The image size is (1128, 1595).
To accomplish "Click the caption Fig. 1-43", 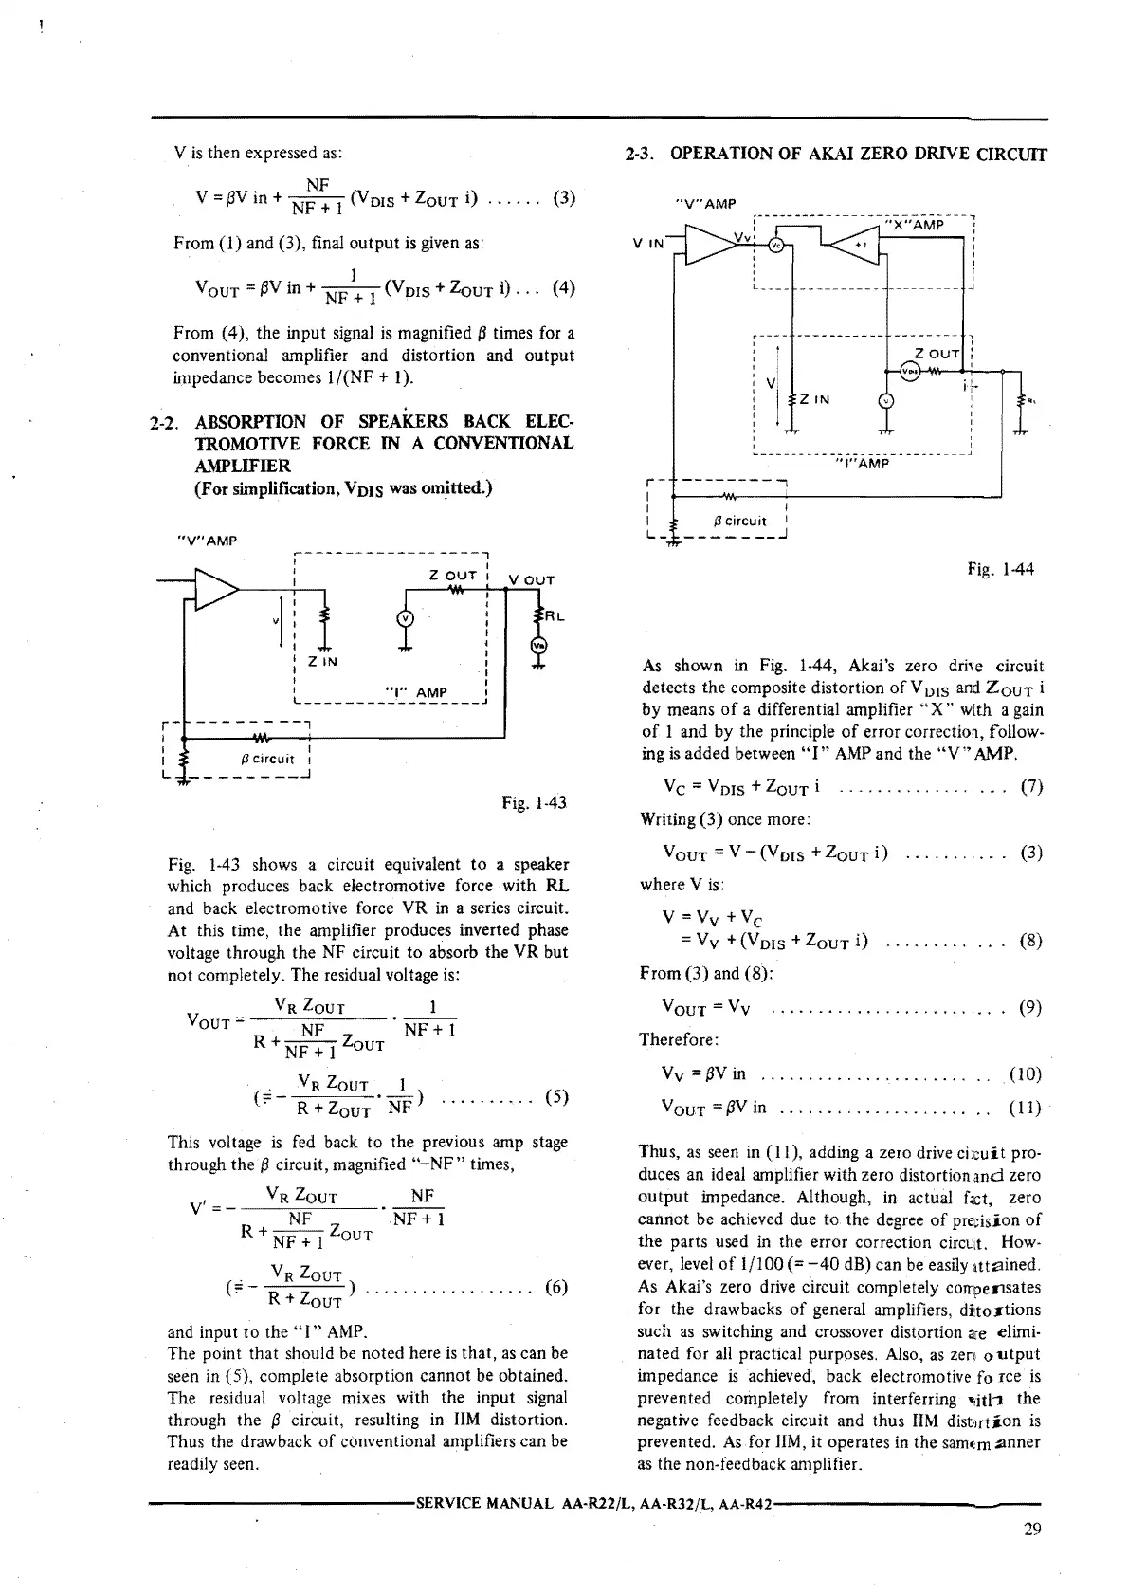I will [x=534, y=803].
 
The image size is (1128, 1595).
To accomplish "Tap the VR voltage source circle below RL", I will [x=538, y=646].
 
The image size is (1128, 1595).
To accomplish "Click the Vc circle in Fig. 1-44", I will [x=776, y=244].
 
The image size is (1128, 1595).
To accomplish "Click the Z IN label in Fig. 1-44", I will [x=814, y=399].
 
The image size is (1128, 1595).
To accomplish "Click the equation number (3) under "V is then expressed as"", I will [x=563, y=199].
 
